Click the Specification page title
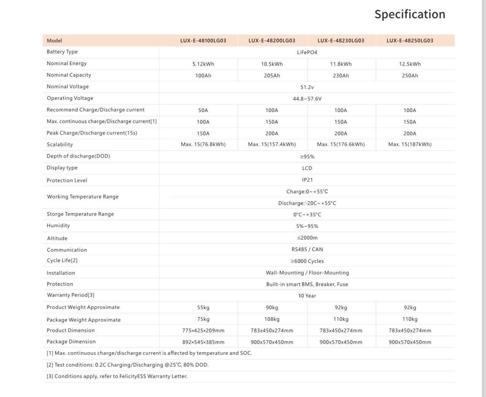pyautogui.click(x=410, y=14)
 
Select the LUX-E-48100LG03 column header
pyautogui.click(x=203, y=41)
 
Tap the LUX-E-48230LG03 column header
pyautogui.click(x=341, y=41)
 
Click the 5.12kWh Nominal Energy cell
pyautogui.click(x=203, y=64)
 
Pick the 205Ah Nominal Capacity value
pyautogui.click(x=272, y=75)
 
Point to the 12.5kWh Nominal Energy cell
pyautogui.click(x=410, y=64)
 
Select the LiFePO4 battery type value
pyautogui.click(x=307, y=52)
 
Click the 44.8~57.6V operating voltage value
pyautogui.click(x=307, y=99)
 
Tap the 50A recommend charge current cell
pyautogui.click(x=203, y=110)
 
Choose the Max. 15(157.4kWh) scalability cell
pyautogui.click(x=272, y=144)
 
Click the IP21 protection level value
pyautogui.click(x=307, y=180)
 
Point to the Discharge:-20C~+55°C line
pyautogui.click(x=307, y=203)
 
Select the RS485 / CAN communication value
pyautogui.click(x=307, y=249)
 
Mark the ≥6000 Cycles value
pyautogui.click(x=307, y=261)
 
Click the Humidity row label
pyautogui.click(x=58, y=226)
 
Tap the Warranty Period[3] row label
pyautogui.click(x=71, y=295)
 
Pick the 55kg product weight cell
pyautogui.click(x=203, y=308)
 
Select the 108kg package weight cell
pyautogui.click(x=272, y=319)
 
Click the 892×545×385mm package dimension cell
pyautogui.click(x=203, y=342)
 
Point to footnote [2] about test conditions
pyautogui.click(x=128, y=365)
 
